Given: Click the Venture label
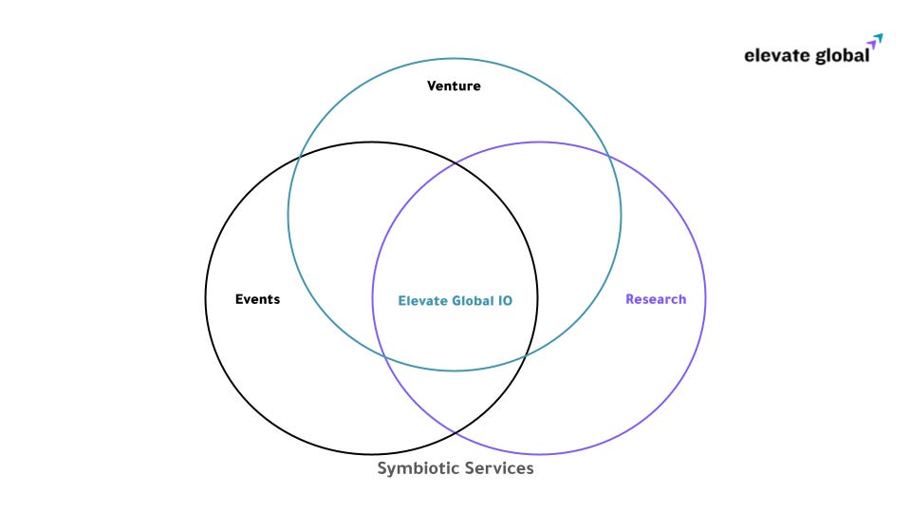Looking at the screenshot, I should click(x=454, y=86).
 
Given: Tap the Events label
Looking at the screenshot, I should click(x=257, y=299).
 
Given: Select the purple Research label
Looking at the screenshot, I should click(x=656, y=299).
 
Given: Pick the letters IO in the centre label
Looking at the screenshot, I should click(x=505, y=300).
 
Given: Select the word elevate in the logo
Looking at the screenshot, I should click(x=773, y=55).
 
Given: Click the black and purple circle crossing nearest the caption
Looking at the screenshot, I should click(x=455, y=433).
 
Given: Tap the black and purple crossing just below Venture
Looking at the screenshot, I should click(x=455, y=163).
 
